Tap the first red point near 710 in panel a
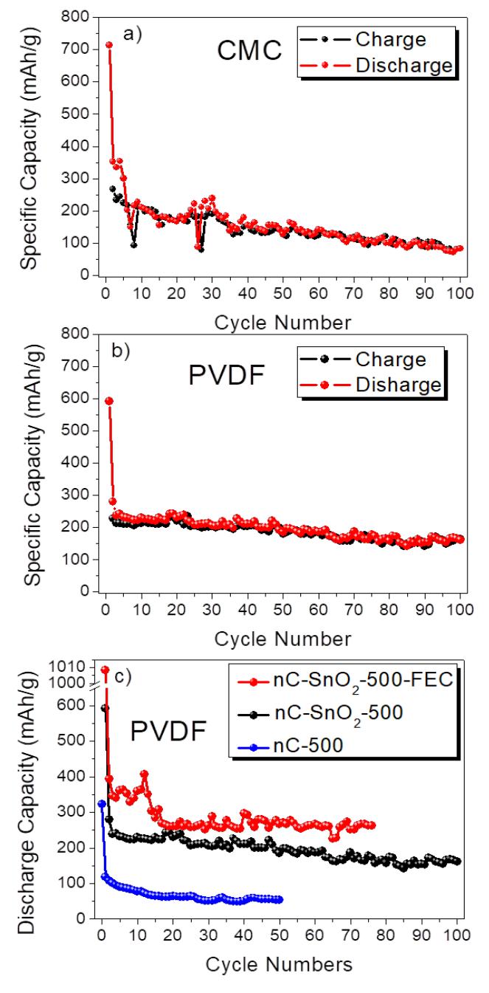tap(109, 45)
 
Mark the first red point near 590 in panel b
tap(109, 401)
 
